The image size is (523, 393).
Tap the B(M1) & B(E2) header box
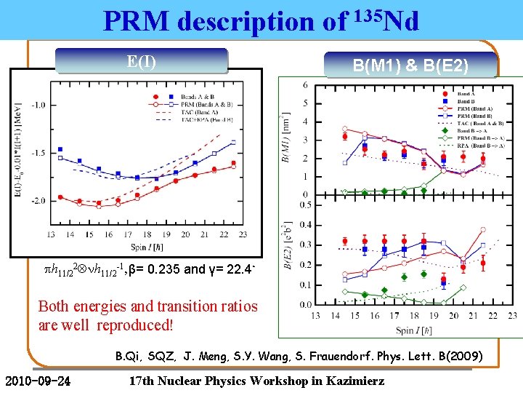[x=410, y=66]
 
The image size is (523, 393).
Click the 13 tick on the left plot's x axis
[x=49, y=234]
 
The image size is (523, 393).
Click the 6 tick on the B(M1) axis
[x=305, y=85]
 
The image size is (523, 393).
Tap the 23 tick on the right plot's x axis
[x=512, y=315]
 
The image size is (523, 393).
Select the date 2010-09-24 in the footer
[x=37, y=381]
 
